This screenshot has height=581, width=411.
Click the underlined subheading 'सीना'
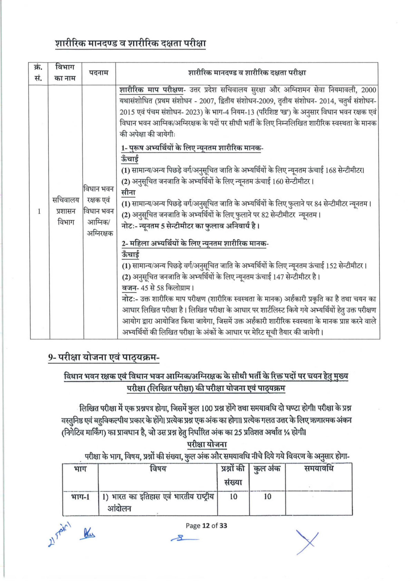point(128,193)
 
